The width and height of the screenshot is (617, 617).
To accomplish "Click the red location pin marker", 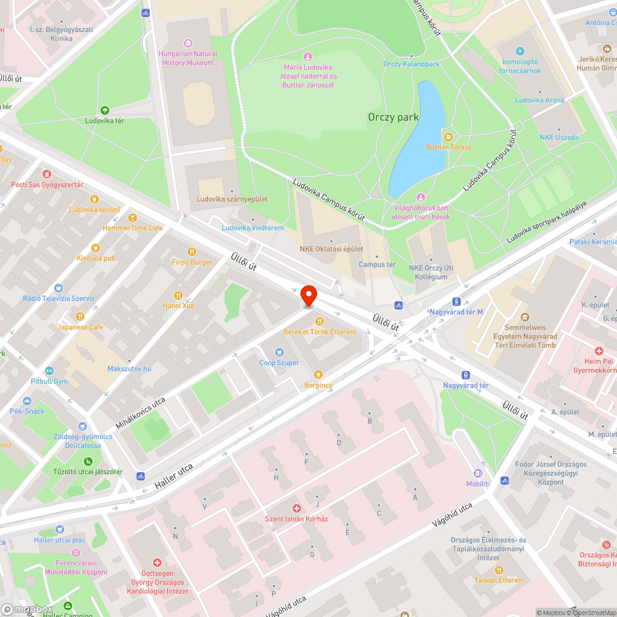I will click(308, 294).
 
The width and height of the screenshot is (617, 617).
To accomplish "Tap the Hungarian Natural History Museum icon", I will click(188, 44).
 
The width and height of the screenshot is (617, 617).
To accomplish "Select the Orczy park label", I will click(393, 117).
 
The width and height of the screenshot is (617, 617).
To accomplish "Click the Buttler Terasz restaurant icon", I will click(449, 136).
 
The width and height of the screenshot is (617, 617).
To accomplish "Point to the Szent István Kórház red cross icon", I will click(297, 508).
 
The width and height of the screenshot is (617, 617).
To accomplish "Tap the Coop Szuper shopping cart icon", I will click(279, 352).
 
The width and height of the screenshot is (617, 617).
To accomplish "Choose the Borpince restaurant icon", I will click(318, 374).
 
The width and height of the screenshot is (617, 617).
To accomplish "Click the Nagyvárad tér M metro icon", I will click(456, 302).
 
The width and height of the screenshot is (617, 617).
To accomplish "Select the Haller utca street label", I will click(174, 476).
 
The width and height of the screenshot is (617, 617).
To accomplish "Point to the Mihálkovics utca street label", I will click(141, 413).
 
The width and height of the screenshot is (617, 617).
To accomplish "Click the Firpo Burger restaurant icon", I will click(192, 251).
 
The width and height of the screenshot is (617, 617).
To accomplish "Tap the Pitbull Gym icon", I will click(49, 371).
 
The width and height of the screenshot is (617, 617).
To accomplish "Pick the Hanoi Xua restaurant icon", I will click(178, 295).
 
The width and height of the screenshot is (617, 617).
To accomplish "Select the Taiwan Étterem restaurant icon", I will click(499, 569).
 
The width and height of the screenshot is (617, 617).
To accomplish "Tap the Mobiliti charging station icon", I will click(478, 473).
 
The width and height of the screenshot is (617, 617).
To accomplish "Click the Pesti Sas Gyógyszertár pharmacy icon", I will click(48, 175).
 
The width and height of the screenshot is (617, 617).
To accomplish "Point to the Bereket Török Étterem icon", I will click(320, 321).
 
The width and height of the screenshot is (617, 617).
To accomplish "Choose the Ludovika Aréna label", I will click(539, 100).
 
